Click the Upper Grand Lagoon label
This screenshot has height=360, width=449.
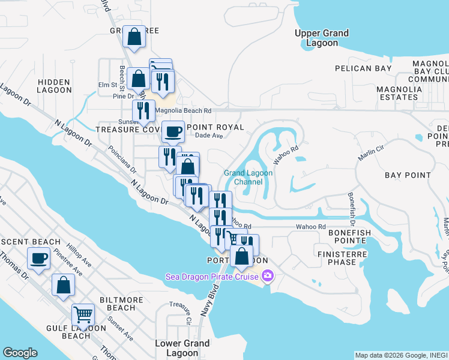coord(322,38)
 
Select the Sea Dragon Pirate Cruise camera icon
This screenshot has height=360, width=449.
coord(267,277)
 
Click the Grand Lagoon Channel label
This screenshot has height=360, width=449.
coord(249,177)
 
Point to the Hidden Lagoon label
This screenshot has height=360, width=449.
coord(55,86)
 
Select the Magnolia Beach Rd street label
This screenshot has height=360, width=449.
coord(183,111)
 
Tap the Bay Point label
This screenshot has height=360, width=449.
coord(408,175)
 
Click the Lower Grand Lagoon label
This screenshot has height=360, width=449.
coord(182,348)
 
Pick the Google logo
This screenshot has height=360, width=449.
coord(20,353)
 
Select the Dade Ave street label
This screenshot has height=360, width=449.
coord(209,136)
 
